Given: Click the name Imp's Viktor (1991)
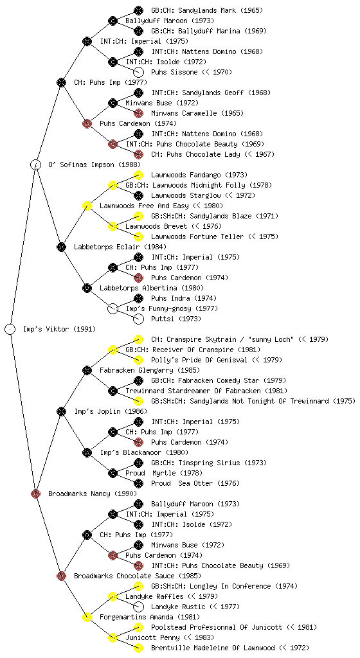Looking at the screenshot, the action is [59, 329].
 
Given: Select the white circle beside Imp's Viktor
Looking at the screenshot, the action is [10, 329].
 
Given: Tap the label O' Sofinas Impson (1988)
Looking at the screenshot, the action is [94, 164].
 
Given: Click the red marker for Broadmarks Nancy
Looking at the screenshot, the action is [35, 493].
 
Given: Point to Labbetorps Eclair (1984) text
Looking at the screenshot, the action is [120, 247].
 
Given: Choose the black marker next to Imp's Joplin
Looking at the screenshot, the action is [61, 411].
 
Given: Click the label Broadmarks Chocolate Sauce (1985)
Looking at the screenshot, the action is [137, 576].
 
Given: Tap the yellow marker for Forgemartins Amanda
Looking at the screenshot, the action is [87, 617].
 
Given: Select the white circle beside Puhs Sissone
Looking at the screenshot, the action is [138, 72].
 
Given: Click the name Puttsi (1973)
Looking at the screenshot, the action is [175, 319].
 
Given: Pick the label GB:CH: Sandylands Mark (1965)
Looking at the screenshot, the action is [207, 10].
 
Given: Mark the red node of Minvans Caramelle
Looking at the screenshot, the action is [138, 113].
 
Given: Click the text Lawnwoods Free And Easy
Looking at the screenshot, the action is [144, 206].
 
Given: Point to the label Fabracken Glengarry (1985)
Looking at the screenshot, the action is [149, 370].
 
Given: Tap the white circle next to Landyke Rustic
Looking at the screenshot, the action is [138, 607].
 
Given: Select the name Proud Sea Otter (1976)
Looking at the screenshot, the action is [195, 483].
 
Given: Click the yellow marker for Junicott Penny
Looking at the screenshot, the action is [113, 638].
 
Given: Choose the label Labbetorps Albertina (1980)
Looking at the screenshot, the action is [152, 288].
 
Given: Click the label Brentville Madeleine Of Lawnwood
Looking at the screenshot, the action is [213, 648].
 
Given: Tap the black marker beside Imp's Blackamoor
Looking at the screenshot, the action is [87, 452].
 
